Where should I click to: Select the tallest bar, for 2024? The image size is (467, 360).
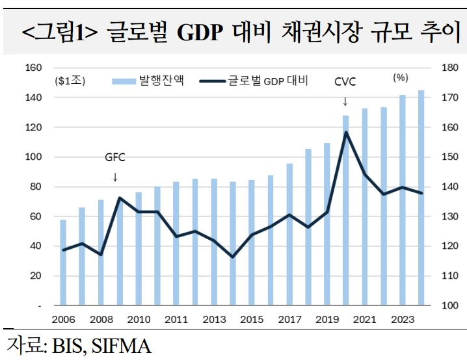[421, 198]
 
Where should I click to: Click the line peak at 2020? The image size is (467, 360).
[346, 133]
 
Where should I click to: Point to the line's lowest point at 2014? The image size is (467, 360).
[233, 257]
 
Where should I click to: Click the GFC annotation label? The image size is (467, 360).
[114, 157]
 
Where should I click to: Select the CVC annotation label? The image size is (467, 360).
[345, 83]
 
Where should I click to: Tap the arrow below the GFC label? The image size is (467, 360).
[115, 177]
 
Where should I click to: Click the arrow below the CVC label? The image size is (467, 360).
[345, 102]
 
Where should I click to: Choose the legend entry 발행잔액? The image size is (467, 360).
[150, 81]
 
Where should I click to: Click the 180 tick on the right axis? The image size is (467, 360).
[450, 68]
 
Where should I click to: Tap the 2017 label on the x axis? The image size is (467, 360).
[289, 320]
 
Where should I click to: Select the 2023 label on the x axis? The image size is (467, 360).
[402, 320]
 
